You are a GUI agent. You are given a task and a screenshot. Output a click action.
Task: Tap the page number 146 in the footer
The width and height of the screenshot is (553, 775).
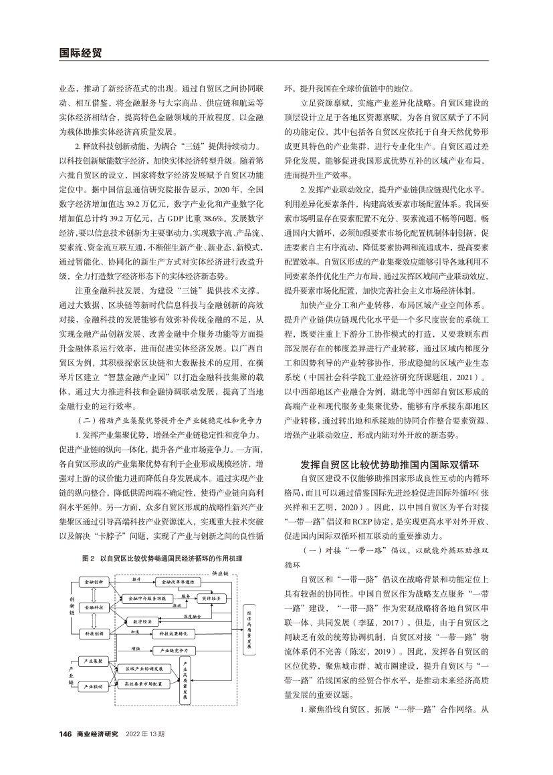coord(66,734)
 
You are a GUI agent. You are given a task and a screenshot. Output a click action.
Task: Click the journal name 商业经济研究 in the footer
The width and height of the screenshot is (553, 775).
coord(97,734)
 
